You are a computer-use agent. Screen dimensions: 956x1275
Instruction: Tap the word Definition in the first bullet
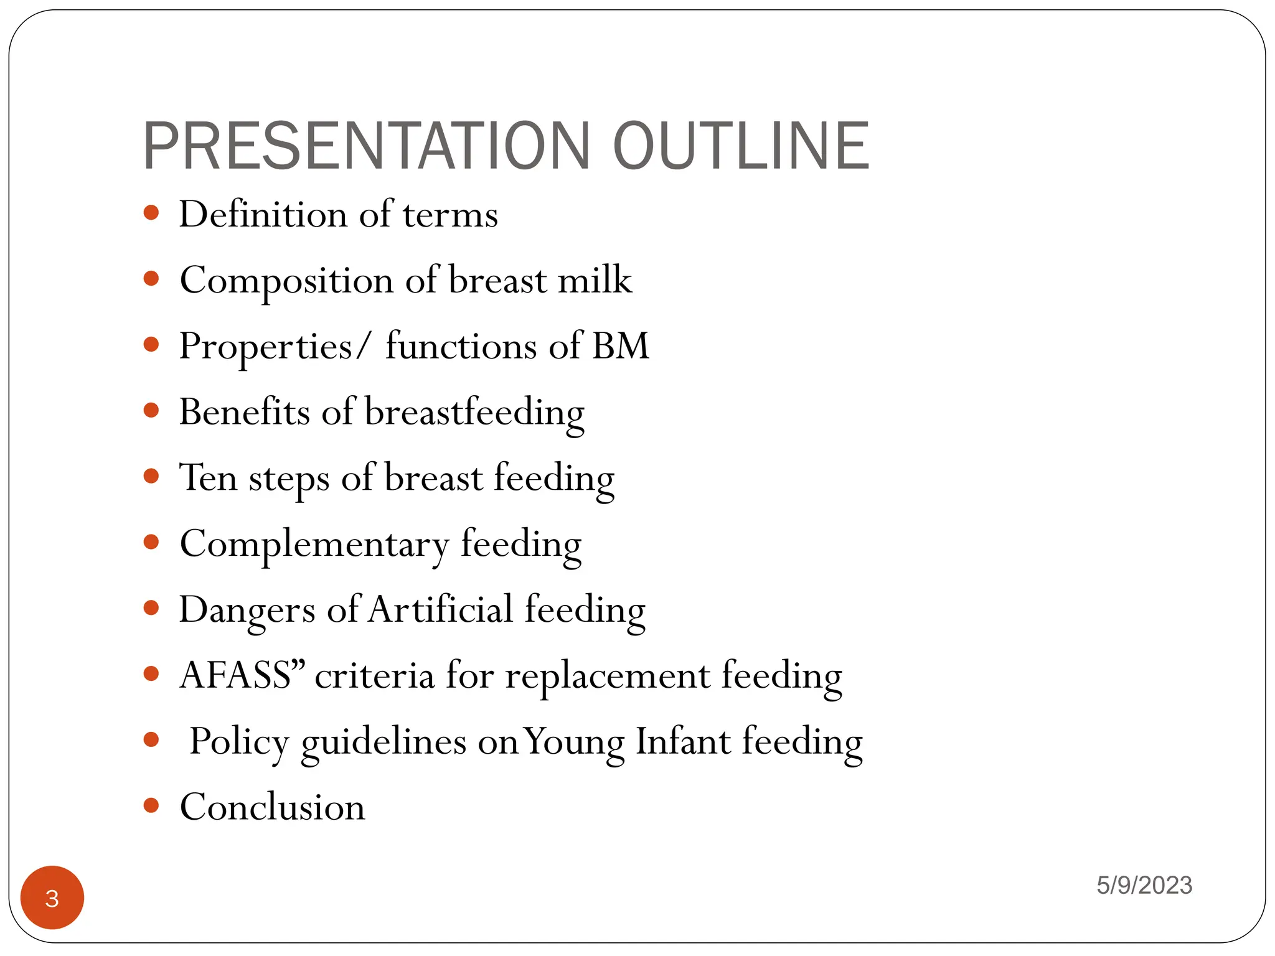[263, 215]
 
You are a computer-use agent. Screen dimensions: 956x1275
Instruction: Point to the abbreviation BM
[620, 346]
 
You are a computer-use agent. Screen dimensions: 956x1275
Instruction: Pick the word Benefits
[244, 412]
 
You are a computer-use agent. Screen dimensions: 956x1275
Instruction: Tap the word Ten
[208, 478]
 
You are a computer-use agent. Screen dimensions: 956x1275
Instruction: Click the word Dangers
[247, 611]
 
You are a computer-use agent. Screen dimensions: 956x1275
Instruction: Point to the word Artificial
[440, 609]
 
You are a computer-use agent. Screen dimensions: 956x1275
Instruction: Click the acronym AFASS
[235, 676]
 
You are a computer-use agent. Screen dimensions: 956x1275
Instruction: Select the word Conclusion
[273, 808]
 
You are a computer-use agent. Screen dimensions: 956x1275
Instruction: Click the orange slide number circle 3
[52, 897]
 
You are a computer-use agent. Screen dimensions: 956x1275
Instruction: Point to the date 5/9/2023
[1144, 885]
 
